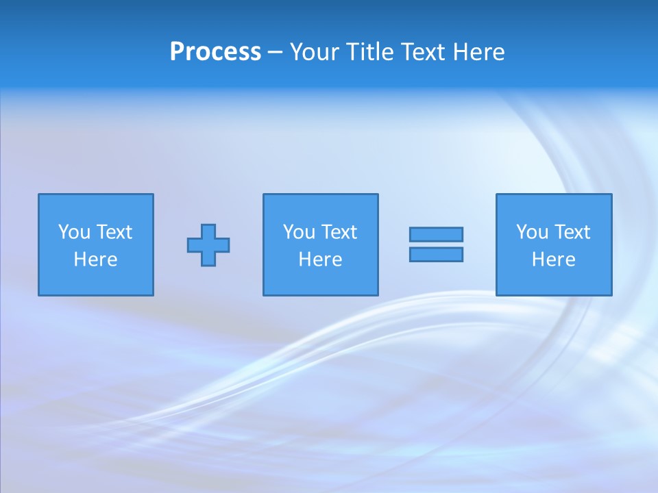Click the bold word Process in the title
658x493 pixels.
(x=215, y=52)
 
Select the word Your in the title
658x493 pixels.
(x=314, y=52)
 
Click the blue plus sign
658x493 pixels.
(x=208, y=245)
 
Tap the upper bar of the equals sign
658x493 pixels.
(x=436, y=234)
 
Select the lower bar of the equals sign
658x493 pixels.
(x=436, y=254)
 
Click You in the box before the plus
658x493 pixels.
(x=74, y=232)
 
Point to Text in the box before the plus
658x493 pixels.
(x=113, y=232)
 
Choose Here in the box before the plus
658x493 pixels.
(x=95, y=260)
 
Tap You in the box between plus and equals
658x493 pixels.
(x=299, y=232)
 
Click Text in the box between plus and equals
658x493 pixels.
(x=338, y=232)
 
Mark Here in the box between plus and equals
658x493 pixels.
(x=320, y=260)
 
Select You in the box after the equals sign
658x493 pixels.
(x=532, y=232)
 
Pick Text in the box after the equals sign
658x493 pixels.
(x=571, y=232)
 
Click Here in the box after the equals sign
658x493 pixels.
(x=553, y=260)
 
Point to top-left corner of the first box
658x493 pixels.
(x=39, y=194)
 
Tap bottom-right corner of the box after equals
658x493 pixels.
(x=611, y=295)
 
